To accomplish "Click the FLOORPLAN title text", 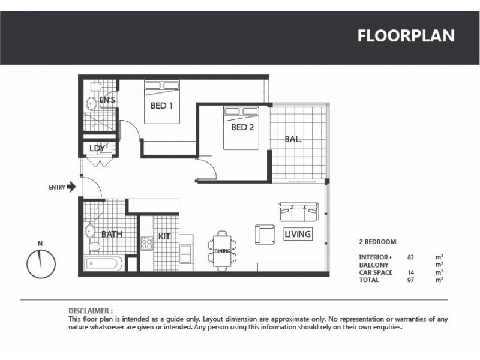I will pyautogui.click(x=406, y=35).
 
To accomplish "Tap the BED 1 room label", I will pyautogui.click(x=161, y=106).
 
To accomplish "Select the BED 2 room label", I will pyautogui.click(x=243, y=127).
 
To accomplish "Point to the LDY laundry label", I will pyautogui.click(x=97, y=148).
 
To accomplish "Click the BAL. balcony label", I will pyautogui.click(x=293, y=139).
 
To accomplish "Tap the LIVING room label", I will pyautogui.click(x=298, y=234).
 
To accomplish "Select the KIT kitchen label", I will pyautogui.click(x=164, y=236).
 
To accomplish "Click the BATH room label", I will pyautogui.click(x=112, y=234).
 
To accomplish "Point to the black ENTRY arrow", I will pyautogui.click(x=71, y=187).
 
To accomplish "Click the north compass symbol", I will pyautogui.click(x=41, y=262).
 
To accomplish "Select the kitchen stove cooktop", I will pyautogui.click(x=146, y=244).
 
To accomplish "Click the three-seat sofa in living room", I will pyautogui.click(x=298, y=212).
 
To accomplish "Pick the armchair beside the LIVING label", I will pyautogui.click(x=265, y=233).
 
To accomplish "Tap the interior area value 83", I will pyautogui.click(x=411, y=257).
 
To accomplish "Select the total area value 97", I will pyautogui.click(x=411, y=280).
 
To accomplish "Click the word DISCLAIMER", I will pyautogui.click(x=91, y=311).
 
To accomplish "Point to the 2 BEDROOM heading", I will pyautogui.click(x=377, y=242).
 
